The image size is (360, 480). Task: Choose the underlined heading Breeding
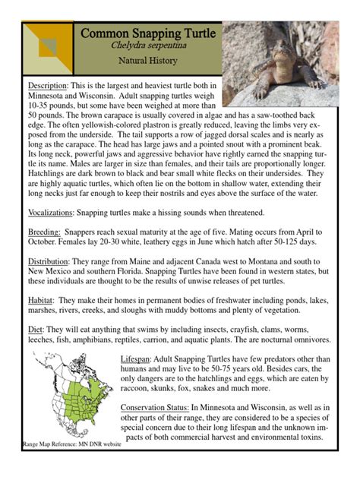(x=43, y=231)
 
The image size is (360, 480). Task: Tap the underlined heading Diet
(x=36, y=330)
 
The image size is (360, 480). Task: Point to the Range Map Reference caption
(x=71, y=444)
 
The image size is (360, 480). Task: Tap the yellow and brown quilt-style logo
(x=46, y=48)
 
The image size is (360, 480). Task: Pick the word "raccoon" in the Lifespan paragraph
(x=139, y=388)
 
